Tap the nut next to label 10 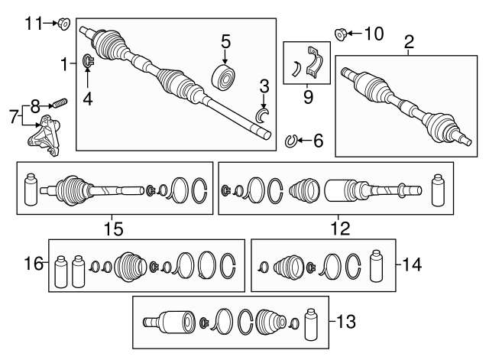pyautogui.click(x=342, y=33)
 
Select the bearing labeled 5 pyautogui.click(x=225, y=77)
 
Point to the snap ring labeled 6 pyautogui.click(x=291, y=140)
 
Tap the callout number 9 pyautogui.click(x=309, y=97)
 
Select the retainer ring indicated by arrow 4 pyautogui.click(x=88, y=61)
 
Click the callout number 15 pyautogui.click(x=114, y=227)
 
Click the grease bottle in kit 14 pyautogui.click(x=375, y=266)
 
